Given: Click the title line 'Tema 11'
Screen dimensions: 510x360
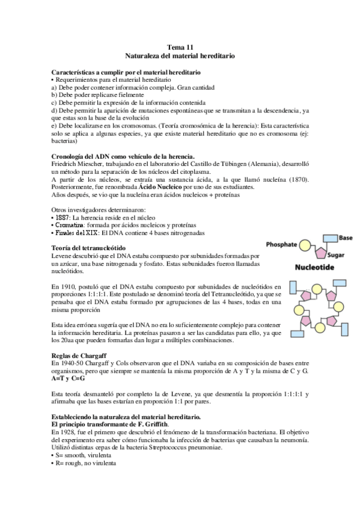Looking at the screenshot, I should tap(180, 46).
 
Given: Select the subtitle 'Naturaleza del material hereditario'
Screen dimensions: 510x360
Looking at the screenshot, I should tap(180, 55).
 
